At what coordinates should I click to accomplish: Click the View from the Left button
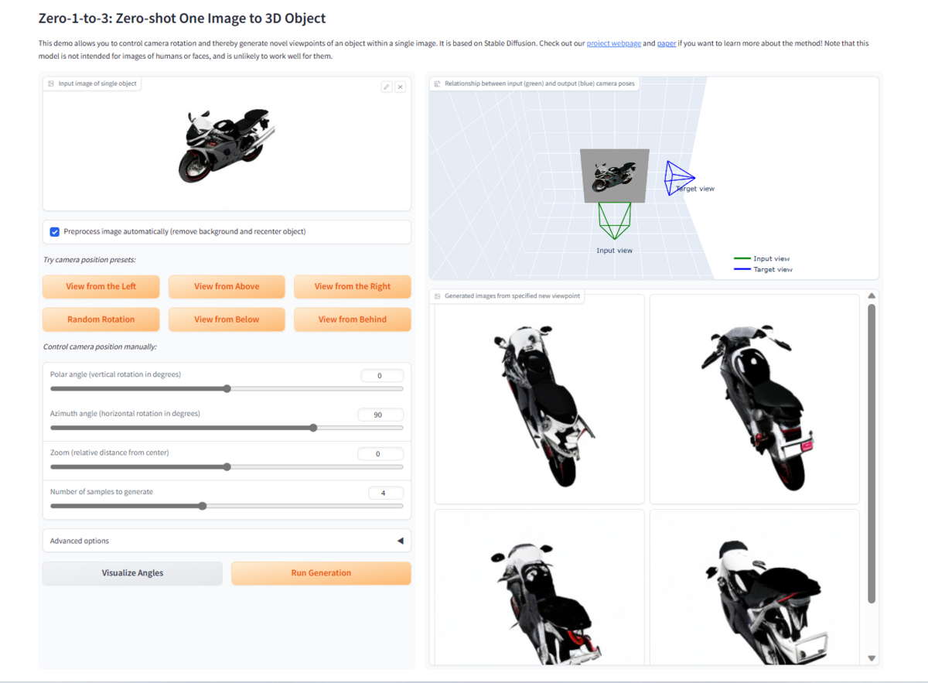pos(101,286)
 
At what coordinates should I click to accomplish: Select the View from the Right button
pos(352,286)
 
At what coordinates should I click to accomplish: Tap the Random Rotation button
pos(101,319)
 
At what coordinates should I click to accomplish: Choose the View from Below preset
pos(227,319)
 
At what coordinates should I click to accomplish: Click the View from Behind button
pos(352,319)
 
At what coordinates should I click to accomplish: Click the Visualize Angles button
pos(132,573)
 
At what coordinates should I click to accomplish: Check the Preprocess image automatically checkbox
pos(55,231)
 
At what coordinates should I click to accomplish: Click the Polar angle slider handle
pos(227,388)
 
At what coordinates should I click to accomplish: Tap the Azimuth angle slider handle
pos(313,427)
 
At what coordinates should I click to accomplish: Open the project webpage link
pos(613,43)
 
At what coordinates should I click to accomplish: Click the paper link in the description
pos(666,43)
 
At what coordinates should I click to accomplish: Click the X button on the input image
pos(400,87)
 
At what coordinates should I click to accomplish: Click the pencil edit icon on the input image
pos(387,87)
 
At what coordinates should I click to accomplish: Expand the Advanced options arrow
pos(400,541)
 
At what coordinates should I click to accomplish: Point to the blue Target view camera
pos(678,178)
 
